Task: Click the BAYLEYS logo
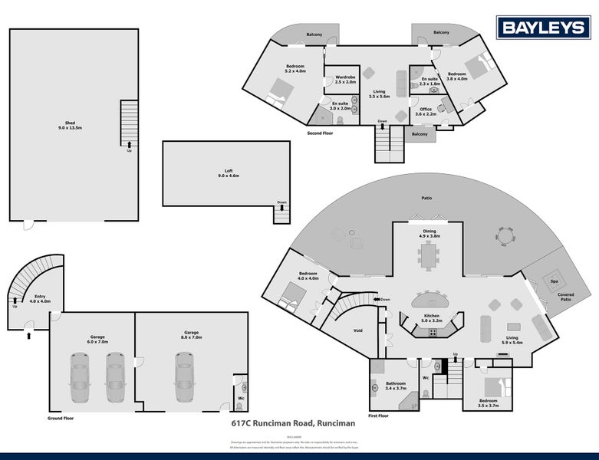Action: [x=544, y=28]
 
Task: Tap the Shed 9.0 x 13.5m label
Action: [x=70, y=126]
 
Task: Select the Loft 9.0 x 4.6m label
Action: [x=228, y=173]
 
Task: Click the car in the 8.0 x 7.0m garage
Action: [x=184, y=377]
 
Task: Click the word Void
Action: [x=357, y=330]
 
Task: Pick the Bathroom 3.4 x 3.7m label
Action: [x=397, y=386]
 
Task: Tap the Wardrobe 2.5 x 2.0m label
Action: [x=345, y=79]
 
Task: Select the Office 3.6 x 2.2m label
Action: [x=425, y=112]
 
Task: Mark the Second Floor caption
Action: [x=320, y=133]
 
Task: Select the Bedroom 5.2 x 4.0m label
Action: [x=295, y=68]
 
